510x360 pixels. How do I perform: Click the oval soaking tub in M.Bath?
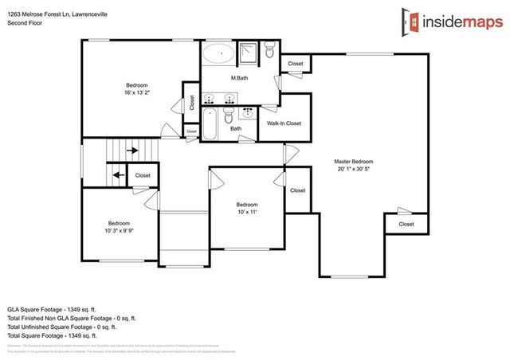point(216,54)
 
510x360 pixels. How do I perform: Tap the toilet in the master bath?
point(270,53)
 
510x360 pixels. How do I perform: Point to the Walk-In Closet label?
point(284,123)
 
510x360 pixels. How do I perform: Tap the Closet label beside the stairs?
point(143,175)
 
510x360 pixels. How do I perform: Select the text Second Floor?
point(24,23)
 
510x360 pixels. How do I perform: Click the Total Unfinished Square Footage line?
point(62,326)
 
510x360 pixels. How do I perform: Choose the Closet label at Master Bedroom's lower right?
point(406,224)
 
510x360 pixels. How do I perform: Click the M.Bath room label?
point(240,78)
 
